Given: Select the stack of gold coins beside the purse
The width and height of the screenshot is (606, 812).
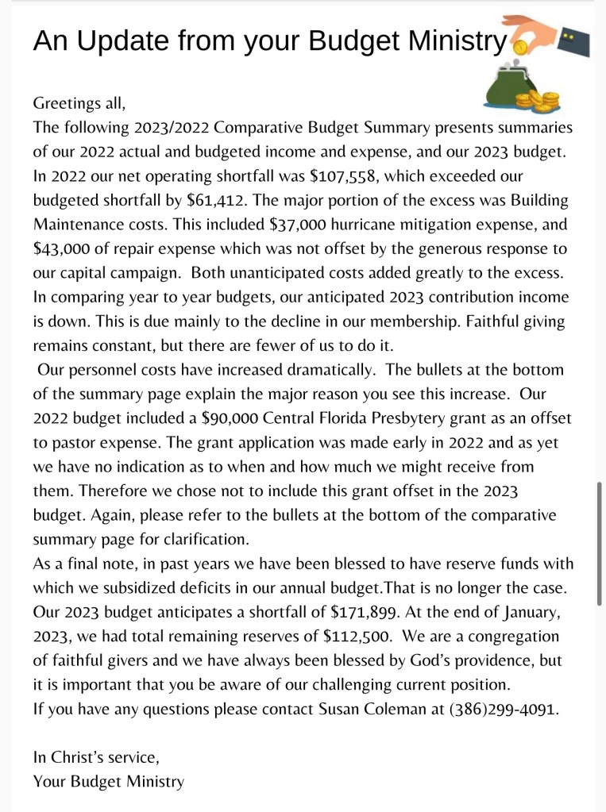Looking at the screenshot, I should pos(538,102).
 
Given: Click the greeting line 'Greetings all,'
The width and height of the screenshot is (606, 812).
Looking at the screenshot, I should pos(79,103).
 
